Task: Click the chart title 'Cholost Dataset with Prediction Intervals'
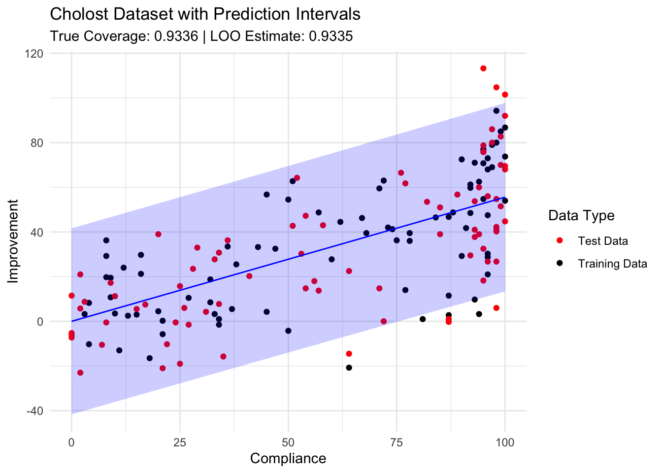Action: coord(205,14)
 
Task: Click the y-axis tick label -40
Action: coord(34,411)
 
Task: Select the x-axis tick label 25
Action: coord(180,442)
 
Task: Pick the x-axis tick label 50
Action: coord(288,442)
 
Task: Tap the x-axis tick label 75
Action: coord(397,442)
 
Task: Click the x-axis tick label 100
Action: coord(505,442)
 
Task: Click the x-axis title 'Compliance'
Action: coord(288,459)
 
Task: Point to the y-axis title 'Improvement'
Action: coord(14,241)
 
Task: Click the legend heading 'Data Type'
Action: coord(581,215)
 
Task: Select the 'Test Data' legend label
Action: coord(603,241)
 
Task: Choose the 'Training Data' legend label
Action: coord(612,264)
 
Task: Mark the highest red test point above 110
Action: coord(483,68)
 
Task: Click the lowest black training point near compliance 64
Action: coord(349,368)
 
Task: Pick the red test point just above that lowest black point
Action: coord(349,354)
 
